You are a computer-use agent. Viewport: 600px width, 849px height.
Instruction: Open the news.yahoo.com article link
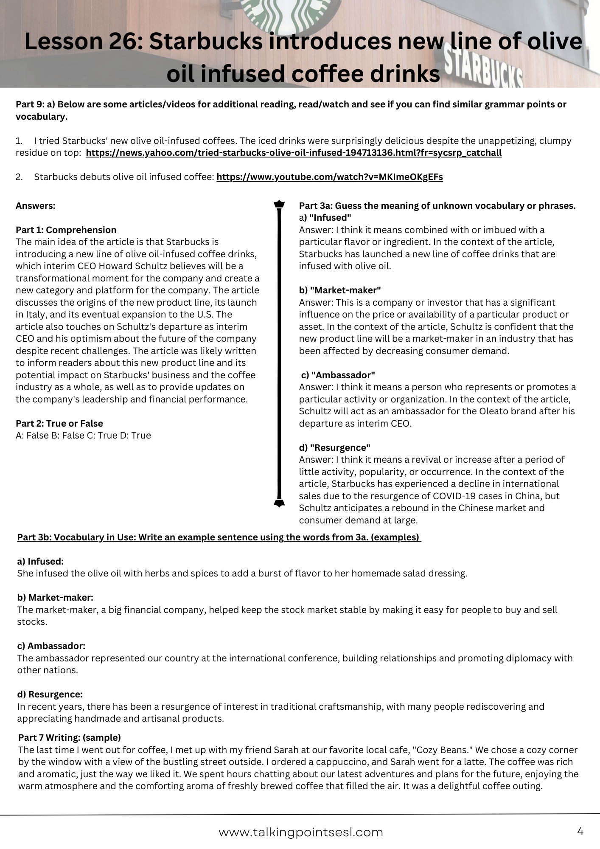[x=293, y=153]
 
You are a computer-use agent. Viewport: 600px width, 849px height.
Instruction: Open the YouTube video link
[x=329, y=177]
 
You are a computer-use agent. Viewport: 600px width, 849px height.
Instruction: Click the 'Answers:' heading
[x=36, y=206]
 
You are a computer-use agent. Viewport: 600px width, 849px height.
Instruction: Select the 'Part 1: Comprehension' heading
[x=66, y=230]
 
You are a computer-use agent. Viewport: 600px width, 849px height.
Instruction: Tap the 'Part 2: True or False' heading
[x=59, y=423]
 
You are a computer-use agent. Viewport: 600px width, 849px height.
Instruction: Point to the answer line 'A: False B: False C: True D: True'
[x=83, y=436]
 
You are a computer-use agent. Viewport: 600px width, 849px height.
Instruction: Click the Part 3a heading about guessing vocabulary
[x=437, y=206]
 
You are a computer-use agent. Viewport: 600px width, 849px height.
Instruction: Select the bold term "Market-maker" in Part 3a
[x=345, y=290]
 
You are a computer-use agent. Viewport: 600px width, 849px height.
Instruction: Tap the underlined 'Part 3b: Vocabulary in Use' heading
[x=219, y=537]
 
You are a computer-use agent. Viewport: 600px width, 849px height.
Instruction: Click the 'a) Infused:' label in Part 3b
[x=40, y=562]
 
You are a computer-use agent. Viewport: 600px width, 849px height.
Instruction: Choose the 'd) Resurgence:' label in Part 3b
[x=50, y=694]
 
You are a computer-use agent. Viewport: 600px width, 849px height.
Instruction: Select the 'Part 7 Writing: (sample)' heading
[x=70, y=737]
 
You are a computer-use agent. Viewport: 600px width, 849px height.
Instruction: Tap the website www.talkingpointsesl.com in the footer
[x=300, y=832]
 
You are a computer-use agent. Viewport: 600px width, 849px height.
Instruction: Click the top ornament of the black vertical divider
[x=279, y=204]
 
